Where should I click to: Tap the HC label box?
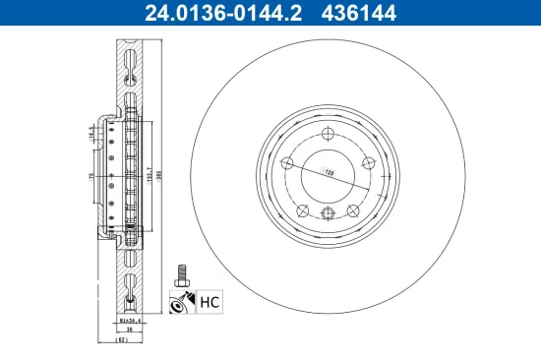click(209, 301)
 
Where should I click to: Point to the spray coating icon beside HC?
click(182, 302)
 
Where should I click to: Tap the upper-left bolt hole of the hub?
click(286, 162)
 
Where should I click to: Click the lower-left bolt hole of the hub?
click(302, 209)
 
